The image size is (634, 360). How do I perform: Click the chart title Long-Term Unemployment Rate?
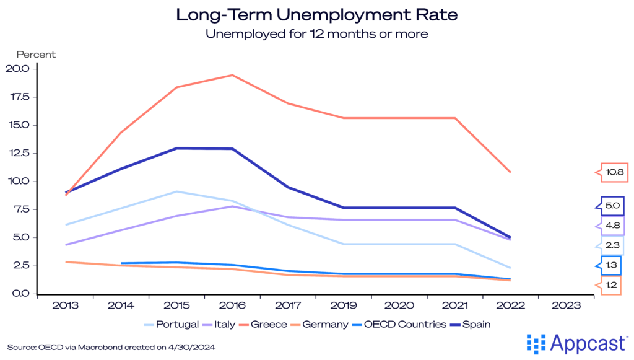pyautogui.click(x=316, y=14)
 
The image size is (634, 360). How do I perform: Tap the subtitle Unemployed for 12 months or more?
pyautogui.click(x=316, y=34)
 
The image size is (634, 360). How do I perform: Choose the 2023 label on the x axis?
pyautogui.click(x=567, y=306)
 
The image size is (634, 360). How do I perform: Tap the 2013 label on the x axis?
pyautogui.click(x=64, y=306)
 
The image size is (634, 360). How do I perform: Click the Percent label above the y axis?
pyautogui.click(x=36, y=55)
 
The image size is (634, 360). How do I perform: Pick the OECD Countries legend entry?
pyautogui.click(x=402, y=324)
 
